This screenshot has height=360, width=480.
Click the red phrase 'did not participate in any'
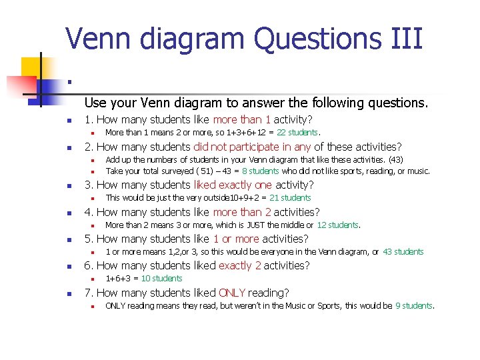[252, 147]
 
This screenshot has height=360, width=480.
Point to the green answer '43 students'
[403, 251]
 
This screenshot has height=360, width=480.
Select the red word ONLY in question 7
[231, 293]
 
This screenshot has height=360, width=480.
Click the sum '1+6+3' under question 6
[119, 278]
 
